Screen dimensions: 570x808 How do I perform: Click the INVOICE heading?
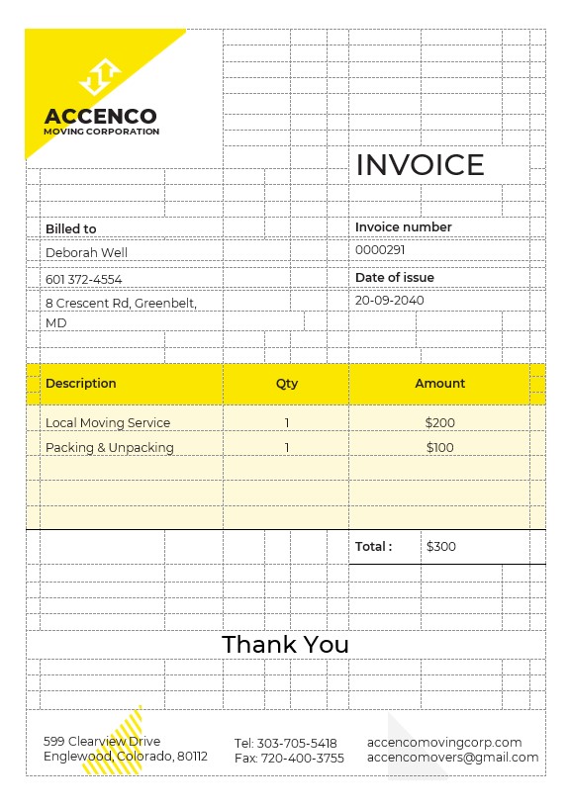[x=420, y=165]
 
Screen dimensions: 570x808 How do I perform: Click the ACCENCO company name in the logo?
[x=100, y=117]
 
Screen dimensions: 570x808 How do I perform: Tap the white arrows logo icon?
[x=100, y=76]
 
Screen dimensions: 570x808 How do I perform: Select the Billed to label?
[x=71, y=229]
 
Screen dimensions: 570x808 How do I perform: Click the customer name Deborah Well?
[x=87, y=253]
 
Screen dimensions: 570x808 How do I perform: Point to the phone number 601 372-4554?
[x=84, y=280]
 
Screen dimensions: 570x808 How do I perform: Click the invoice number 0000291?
[x=380, y=251]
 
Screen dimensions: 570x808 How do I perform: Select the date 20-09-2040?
[x=389, y=301]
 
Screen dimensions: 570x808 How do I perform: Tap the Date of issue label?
[x=395, y=278]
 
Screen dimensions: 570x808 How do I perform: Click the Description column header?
[x=81, y=384]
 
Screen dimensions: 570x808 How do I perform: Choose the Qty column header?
[x=287, y=384]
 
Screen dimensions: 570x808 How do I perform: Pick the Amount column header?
[x=440, y=384]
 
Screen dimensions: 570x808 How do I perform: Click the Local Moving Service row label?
[x=108, y=423]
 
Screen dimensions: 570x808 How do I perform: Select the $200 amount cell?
[x=440, y=423]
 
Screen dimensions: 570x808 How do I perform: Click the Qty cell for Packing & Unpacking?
[x=287, y=448]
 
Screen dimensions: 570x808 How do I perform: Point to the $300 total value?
[x=441, y=547]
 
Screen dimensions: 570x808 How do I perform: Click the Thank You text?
[x=286, y=645]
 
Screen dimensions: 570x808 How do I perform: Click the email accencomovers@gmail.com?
[x=452, y=758]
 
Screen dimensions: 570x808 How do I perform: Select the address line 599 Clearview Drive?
[x=102, y=741]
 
